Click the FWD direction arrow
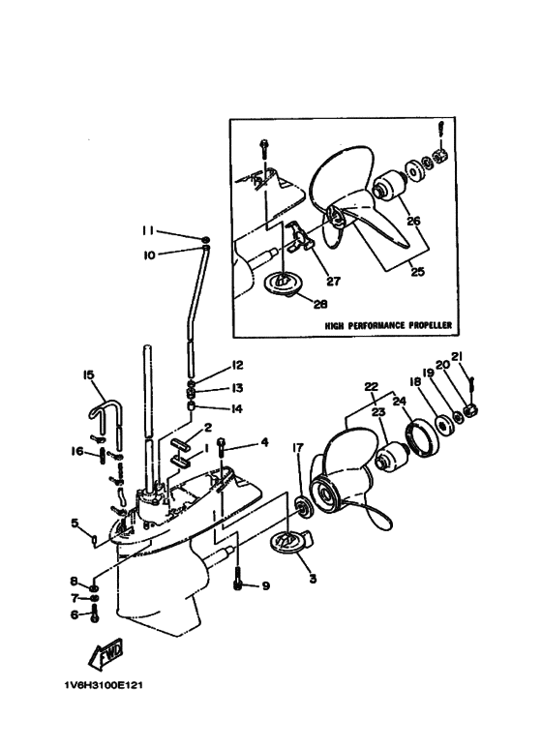coord(105,652)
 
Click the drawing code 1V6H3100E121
coord(104,685)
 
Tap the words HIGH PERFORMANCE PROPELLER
coord(388,325)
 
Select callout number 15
coord(89,374)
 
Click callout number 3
coord(313,579)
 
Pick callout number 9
coord(265,585)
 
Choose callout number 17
coord(298,448)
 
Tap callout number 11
coord(148,231)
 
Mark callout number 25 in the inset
coord(417,272)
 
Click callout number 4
coord(264,442)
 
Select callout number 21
coord(457,357)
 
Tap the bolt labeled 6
coord(94,613)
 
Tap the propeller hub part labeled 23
coord(392,457)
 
